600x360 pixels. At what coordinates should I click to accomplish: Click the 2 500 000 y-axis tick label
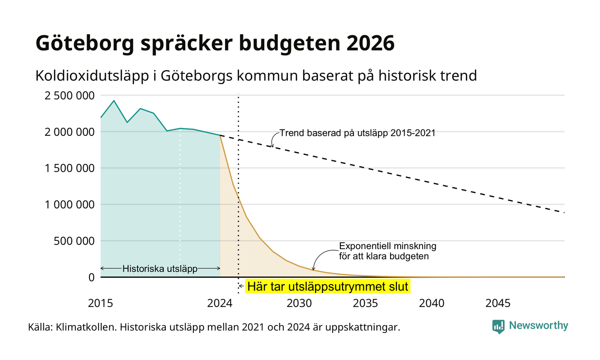click(x=69, y=96)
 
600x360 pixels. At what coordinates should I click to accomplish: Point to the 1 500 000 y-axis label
click(x=69, y=168)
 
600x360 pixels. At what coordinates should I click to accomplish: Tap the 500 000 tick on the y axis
click(x=74, y=241)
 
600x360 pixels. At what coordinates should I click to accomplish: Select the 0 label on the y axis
click(x=92, y=278)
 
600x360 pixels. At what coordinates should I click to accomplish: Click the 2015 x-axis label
click(x=100, y=303)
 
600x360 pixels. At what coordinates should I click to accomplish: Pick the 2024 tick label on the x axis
click(x=220, y=303)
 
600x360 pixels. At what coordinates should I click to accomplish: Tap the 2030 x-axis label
click(x=299, y=303)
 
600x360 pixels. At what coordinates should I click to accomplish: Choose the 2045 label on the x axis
click(x=498, y=303)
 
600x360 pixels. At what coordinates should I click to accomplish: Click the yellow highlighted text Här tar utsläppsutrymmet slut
click(x=327, y=287)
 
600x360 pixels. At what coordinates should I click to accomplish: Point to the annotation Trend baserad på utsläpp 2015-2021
click(x=357, y=133)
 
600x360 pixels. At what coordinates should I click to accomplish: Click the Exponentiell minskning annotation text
click(x=387, y=246)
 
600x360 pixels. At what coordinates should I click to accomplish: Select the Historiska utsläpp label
click(x=160, y=269)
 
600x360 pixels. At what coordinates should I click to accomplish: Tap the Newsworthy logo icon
click(x=498, y=327)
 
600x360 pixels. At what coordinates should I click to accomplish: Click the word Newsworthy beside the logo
click(x=538, y=325)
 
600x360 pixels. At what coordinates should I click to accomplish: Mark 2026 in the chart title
click(x=370, y=43)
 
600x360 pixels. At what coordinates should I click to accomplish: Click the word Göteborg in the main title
click(x=85, y=43)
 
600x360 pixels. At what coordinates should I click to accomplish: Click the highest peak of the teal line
click(x=114, y=101)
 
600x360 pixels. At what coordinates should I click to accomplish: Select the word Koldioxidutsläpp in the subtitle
click(x=92, y=76)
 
